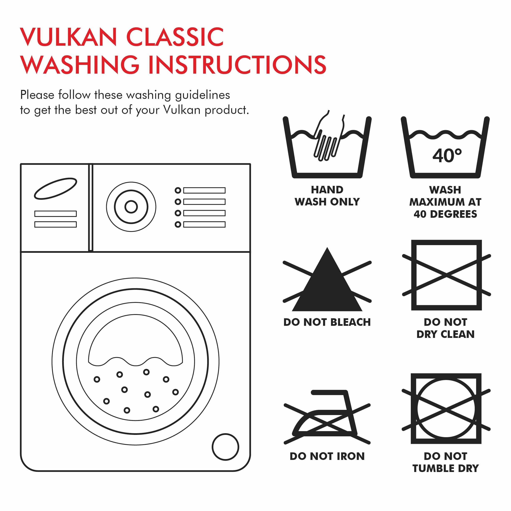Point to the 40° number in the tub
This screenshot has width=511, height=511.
coord(447,156)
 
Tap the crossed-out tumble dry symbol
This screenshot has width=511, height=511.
coord(446,409)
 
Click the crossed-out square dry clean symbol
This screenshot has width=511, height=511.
coord(447,275)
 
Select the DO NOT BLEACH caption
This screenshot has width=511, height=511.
coord(327,322)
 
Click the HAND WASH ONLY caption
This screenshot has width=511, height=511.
coord(327,196)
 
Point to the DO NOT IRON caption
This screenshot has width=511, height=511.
coord(327,456)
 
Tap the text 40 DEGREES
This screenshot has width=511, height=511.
coord(446,214)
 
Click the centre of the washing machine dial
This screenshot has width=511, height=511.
coord(131,207)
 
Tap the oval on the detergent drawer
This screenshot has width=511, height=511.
coord(55,189)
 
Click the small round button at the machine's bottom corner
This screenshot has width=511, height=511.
coord(225,447)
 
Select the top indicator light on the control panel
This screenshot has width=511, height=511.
coord(178,190)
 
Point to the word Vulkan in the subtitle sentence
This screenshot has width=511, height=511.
coord(182,110)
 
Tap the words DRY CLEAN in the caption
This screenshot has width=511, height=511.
coord(446,334)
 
